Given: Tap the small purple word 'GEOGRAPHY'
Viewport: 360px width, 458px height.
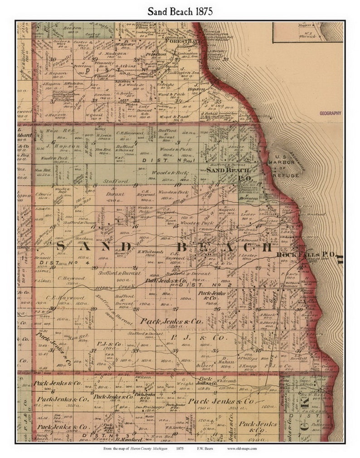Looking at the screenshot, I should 330,113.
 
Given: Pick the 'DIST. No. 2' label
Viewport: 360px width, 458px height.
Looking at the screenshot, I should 196,284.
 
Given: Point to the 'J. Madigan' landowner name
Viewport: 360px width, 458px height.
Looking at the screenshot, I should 108,53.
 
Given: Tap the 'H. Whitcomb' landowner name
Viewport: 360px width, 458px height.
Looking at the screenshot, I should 146,251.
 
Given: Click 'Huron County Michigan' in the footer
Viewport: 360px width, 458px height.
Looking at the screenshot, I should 145,448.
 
